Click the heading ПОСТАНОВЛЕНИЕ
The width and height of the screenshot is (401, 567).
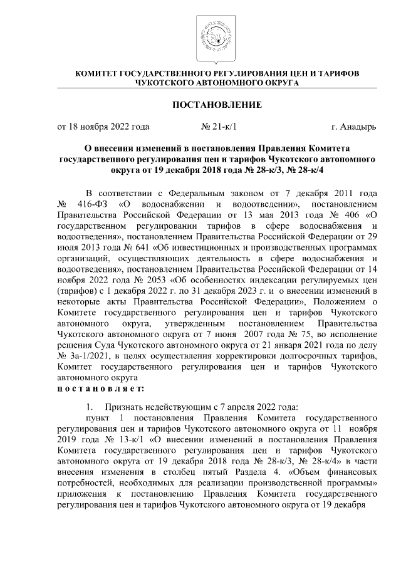(217, 104)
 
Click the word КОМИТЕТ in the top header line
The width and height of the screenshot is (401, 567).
(99, 74)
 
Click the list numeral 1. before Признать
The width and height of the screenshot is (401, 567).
(91, 406)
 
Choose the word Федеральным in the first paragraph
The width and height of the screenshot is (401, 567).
(180, 194)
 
